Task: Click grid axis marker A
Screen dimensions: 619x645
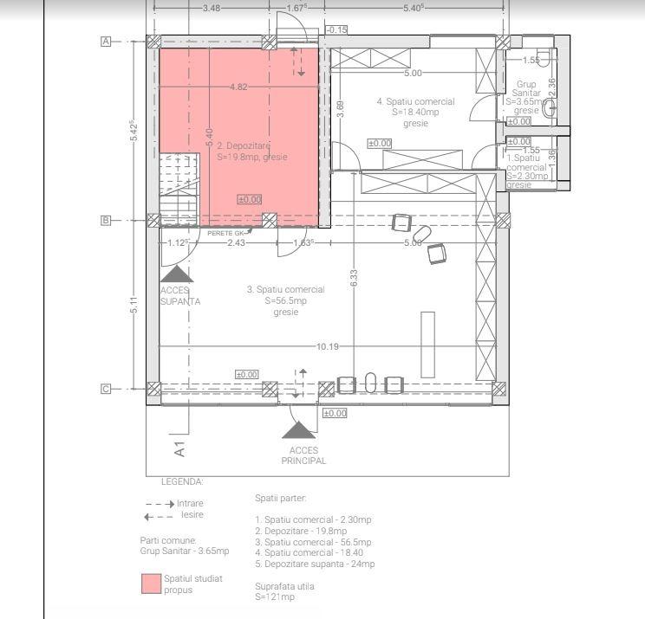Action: point(107,41)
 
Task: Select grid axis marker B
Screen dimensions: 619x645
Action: point(107,221)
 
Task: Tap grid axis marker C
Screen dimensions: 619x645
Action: point(107,389)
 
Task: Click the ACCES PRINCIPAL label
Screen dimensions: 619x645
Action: point(303,455)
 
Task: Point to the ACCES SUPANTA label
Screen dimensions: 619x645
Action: point(180,296)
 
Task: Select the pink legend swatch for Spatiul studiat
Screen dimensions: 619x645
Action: point(152,584)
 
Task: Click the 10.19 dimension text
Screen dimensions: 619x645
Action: point(328,347)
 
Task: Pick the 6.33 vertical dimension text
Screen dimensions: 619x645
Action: point(354,278)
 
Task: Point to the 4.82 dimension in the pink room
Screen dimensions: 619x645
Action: point(238,87)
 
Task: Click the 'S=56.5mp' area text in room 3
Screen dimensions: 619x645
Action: point(286,301)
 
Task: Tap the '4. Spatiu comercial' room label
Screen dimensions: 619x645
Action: point(415,101)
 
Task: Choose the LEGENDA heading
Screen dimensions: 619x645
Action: point(182,480)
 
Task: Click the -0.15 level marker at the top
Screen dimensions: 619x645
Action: point(337,30)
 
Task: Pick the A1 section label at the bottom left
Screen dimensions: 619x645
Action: point(179,449)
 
